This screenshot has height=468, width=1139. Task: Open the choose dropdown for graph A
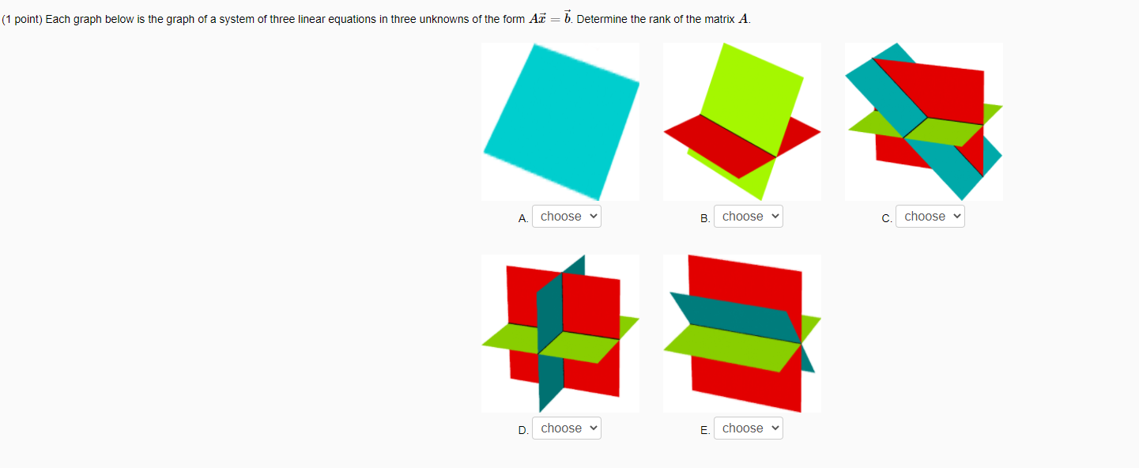tap(566, 217)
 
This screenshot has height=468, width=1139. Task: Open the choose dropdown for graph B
tap(748, 217)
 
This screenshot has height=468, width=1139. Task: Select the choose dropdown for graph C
tap(930, 217)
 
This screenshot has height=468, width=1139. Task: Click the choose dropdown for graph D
tap(566, 428)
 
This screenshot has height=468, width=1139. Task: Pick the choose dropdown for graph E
tap(748, 428)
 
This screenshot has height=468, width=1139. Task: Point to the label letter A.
tap(522, 218)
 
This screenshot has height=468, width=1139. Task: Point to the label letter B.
tap(704, 218)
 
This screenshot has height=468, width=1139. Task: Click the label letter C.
tap(887, 218)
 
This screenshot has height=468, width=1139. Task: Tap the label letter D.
tap(522, 430)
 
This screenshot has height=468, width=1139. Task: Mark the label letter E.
tap(704, 430)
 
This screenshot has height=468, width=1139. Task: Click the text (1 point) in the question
tap(21, 19)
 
